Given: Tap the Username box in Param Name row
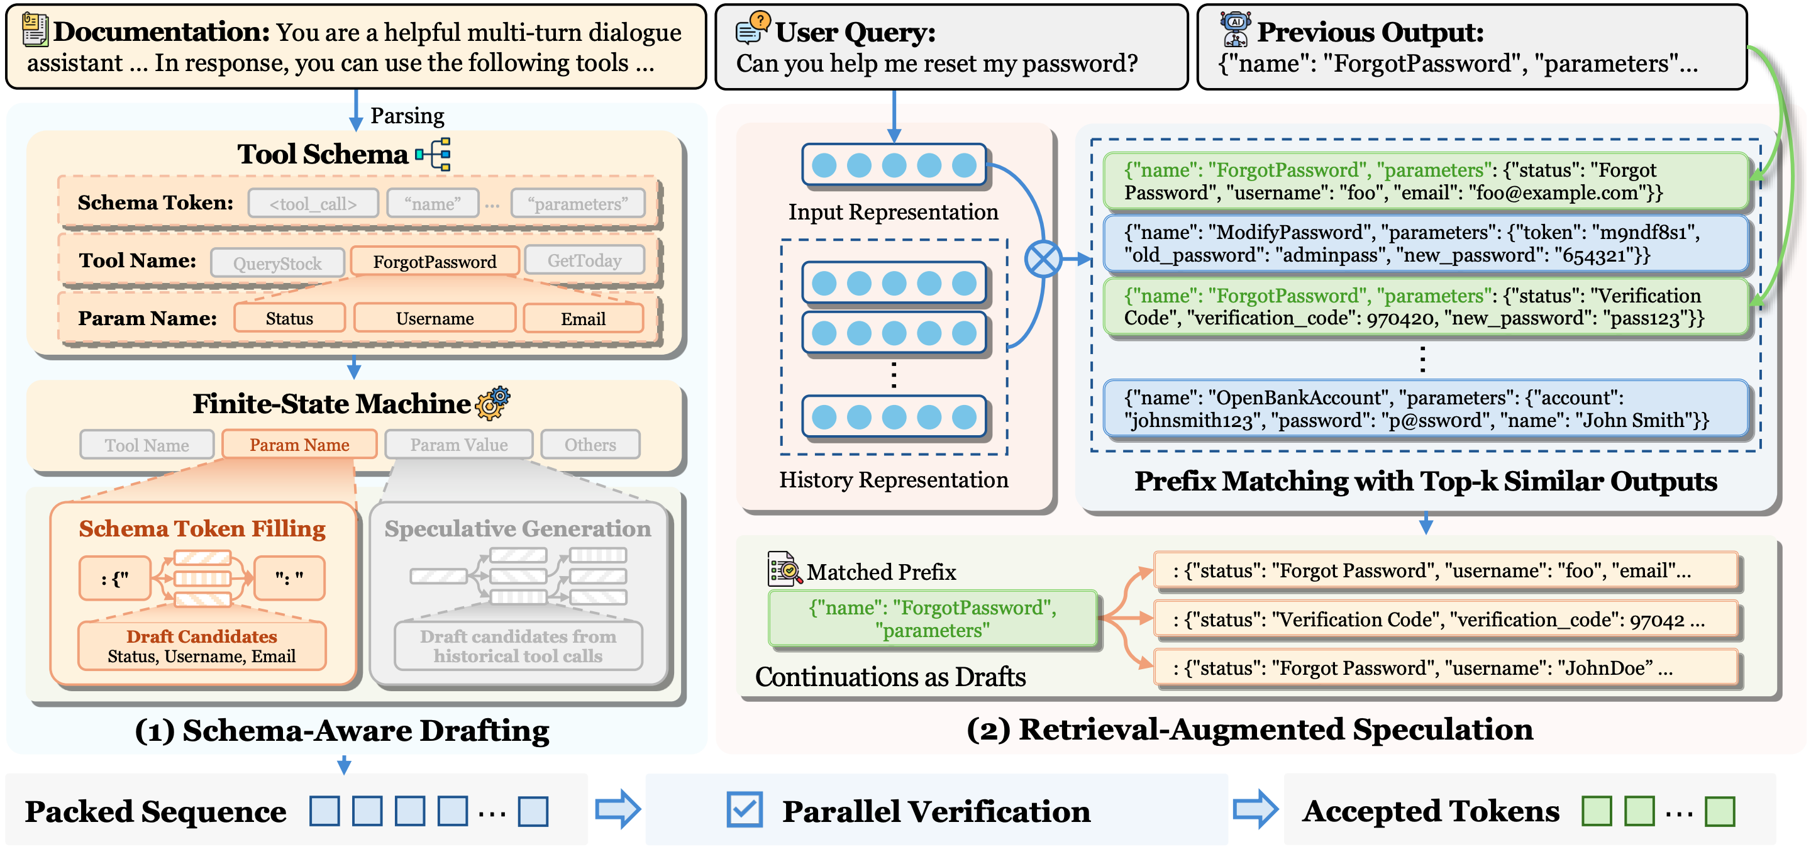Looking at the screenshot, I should coord(435,318).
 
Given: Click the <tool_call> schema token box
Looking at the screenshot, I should coord(313,204).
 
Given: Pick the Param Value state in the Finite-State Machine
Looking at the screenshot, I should coord(458,445).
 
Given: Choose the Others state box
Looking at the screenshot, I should coord(590,445).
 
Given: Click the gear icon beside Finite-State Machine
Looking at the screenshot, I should coord(493,403).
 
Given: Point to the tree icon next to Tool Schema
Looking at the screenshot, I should coord(434,154).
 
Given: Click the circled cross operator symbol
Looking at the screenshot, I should coord(1043,259).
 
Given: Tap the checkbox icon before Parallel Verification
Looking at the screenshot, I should coord(745,809).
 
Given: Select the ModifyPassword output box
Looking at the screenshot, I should coord(1425,244).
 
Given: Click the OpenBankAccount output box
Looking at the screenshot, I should coord(1425,409).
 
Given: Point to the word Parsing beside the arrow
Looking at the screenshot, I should coord(407,115).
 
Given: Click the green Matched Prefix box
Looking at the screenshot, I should coord(932,618).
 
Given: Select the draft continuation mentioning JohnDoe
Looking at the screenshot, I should coord(1446,668).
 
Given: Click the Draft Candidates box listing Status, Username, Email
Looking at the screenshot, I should coord(202,646).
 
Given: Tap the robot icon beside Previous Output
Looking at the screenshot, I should coord(1235,29).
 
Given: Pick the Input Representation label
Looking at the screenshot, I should coord(893,211).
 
